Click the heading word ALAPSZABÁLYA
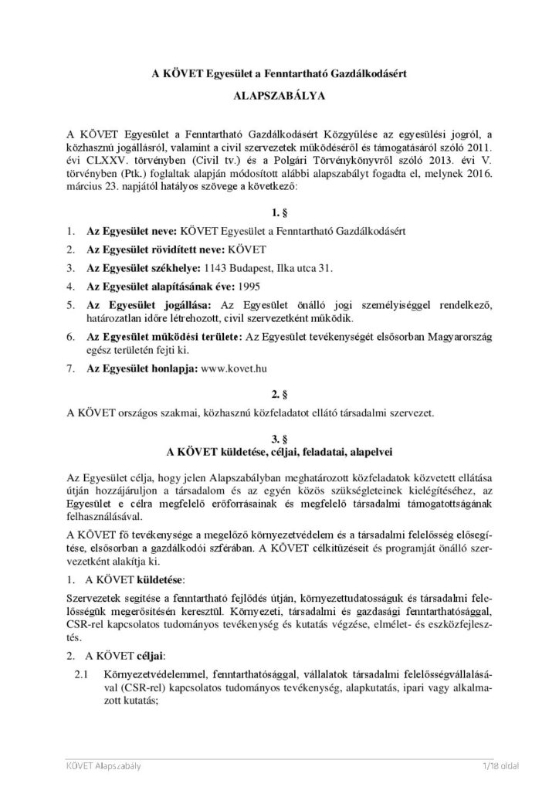(279, 99)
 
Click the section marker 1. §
(279, 212)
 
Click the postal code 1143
(215, 267)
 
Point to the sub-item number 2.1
(78, 675)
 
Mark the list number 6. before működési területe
(70, 337)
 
